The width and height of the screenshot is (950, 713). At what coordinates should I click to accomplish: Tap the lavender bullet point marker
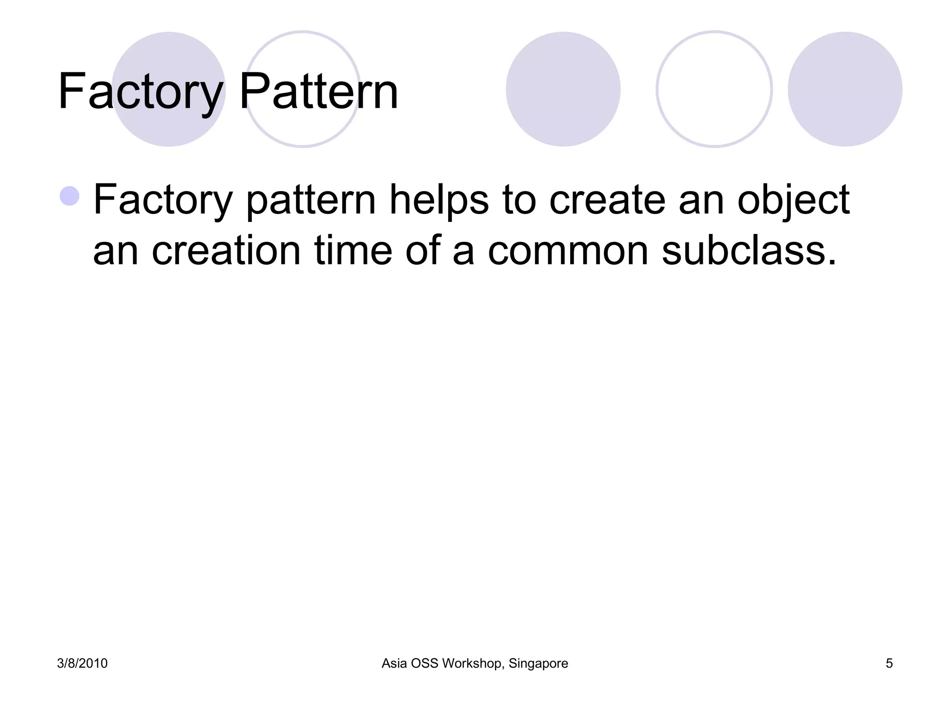(70, 195)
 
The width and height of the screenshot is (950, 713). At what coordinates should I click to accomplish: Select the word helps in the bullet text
(438, 200)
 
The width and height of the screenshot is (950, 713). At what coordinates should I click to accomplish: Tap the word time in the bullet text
(353, 251)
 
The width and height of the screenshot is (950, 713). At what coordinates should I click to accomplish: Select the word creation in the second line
(226, 251)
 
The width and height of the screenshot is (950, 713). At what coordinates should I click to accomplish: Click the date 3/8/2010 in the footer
(82, 663)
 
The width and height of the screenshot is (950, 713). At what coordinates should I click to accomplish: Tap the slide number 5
(889, 663)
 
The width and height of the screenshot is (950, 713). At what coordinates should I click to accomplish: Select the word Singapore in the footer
(538, 663)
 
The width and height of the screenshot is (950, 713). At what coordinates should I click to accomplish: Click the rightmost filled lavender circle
(845, 89)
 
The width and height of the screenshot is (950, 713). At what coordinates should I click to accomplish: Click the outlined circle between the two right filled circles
(714, 89)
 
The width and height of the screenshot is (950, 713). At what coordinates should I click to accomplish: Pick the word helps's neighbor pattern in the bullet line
(310, 200)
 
